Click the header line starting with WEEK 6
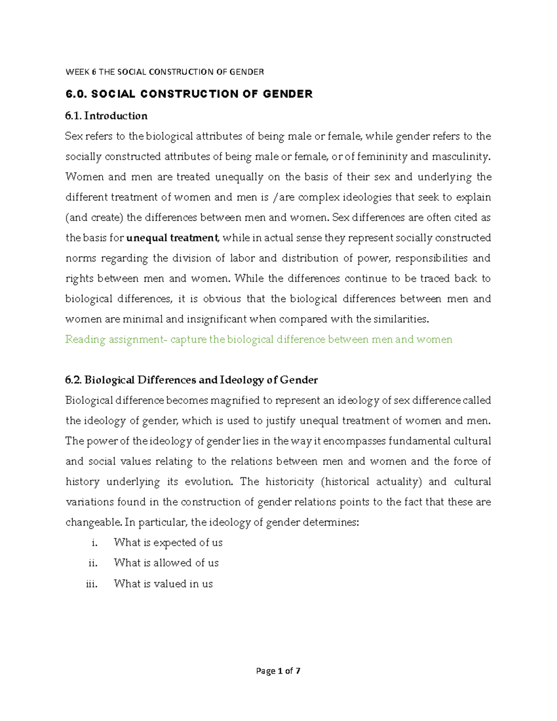pos(165,71)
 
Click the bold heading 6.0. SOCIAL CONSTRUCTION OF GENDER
pos(189,94)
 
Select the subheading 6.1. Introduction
pos(106,116)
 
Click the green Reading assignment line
pos(259,339)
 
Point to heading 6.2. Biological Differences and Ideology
pos(191,380)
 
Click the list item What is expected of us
pos(168,542)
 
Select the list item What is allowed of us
pos(166,563)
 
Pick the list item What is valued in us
pos(163,584)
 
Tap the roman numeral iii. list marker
pos(92,584)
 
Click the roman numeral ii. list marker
pos(93,563)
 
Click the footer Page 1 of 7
pos(278,671)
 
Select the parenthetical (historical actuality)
pos(371,481)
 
